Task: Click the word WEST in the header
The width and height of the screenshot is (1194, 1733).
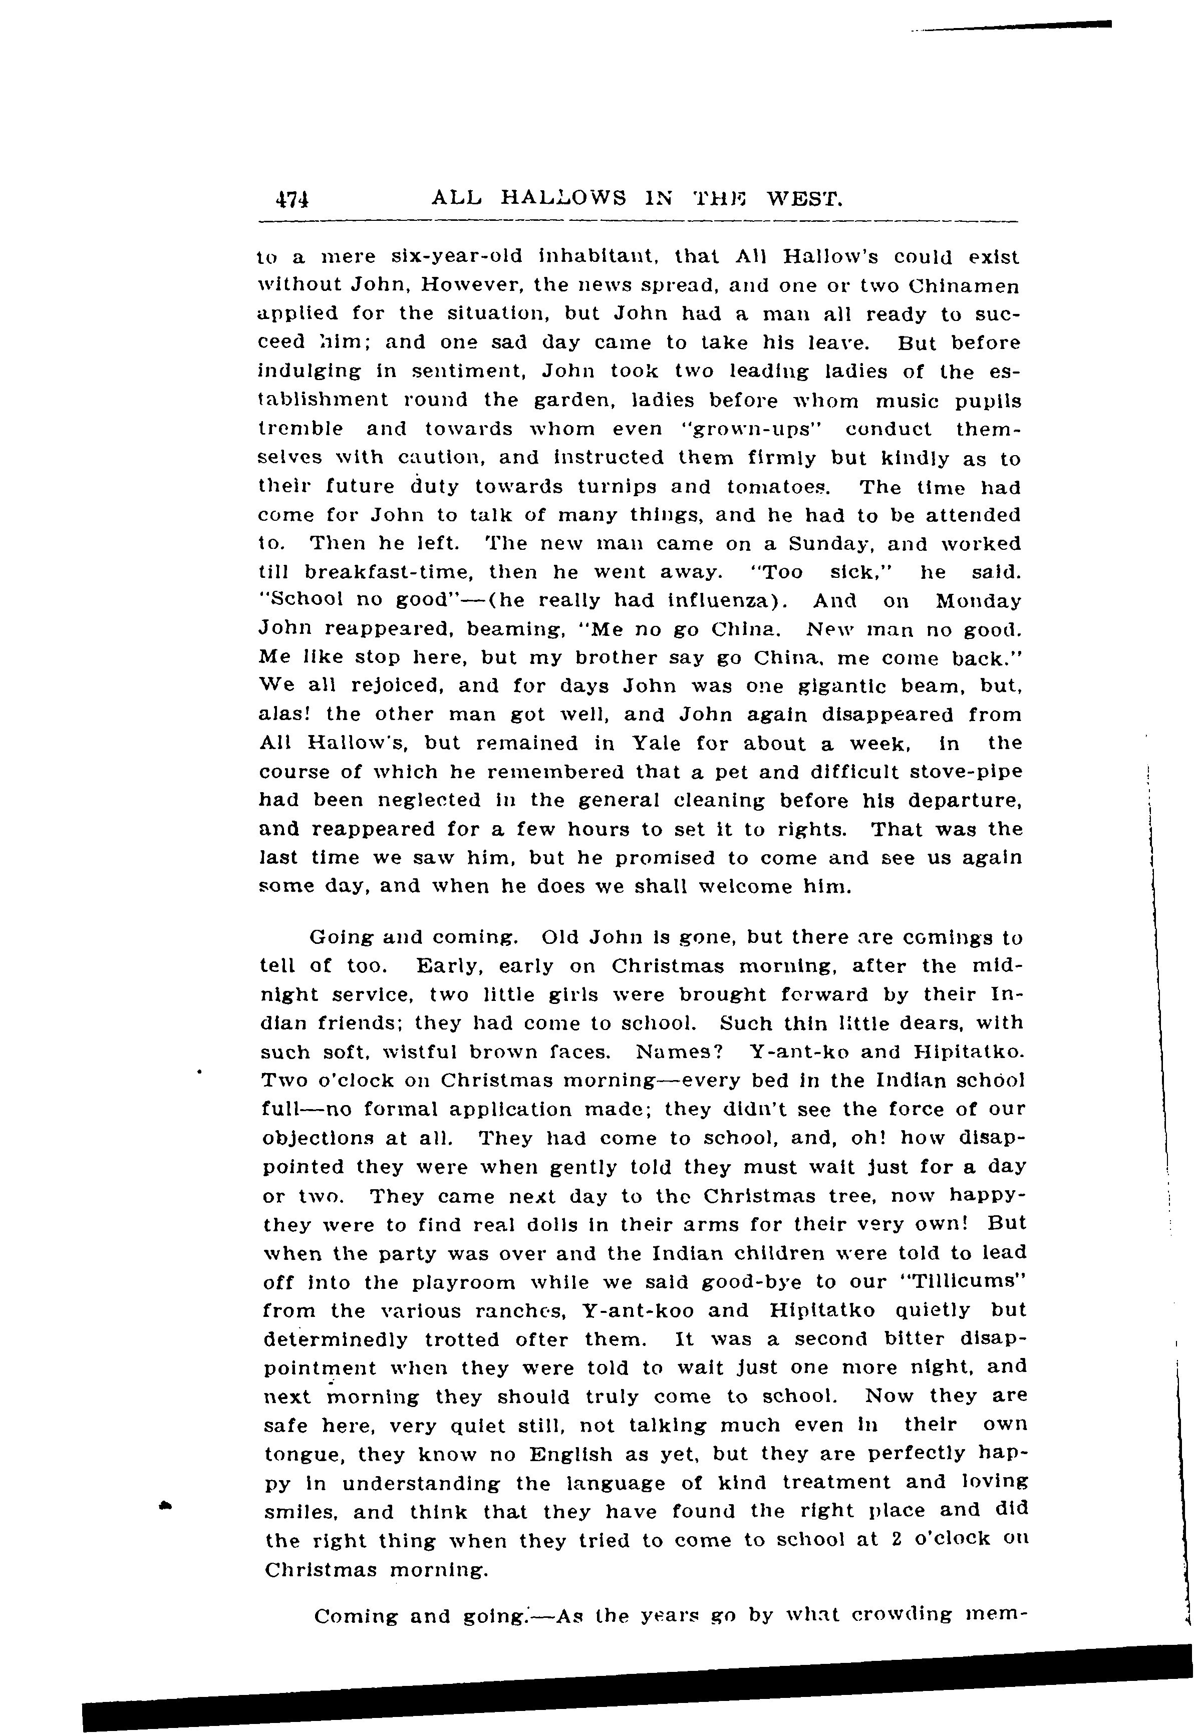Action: (806, 199)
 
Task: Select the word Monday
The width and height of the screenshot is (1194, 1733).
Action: (978, 601)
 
